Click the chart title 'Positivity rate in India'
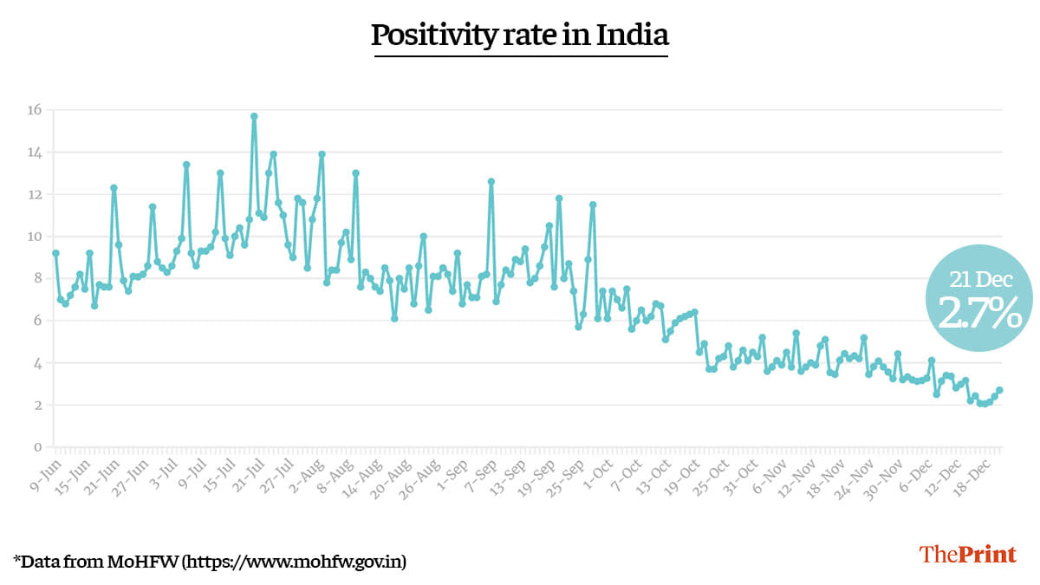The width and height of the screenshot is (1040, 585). tap(520, 36)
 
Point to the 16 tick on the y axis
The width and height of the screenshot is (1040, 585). tap(34, 110)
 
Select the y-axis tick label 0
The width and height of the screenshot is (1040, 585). tap(37, 447)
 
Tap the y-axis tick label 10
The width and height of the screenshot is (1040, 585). tap(34, 237)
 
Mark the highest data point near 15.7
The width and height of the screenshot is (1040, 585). tap(254, 116)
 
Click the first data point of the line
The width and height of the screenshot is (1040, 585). tap(55, 253)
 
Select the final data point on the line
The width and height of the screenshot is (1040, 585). tap(999, 390)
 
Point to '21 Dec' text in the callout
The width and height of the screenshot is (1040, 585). tap(978, 279)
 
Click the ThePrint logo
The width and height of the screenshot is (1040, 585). tap(967, 555)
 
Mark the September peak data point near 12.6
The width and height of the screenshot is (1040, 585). tap(491, 181)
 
